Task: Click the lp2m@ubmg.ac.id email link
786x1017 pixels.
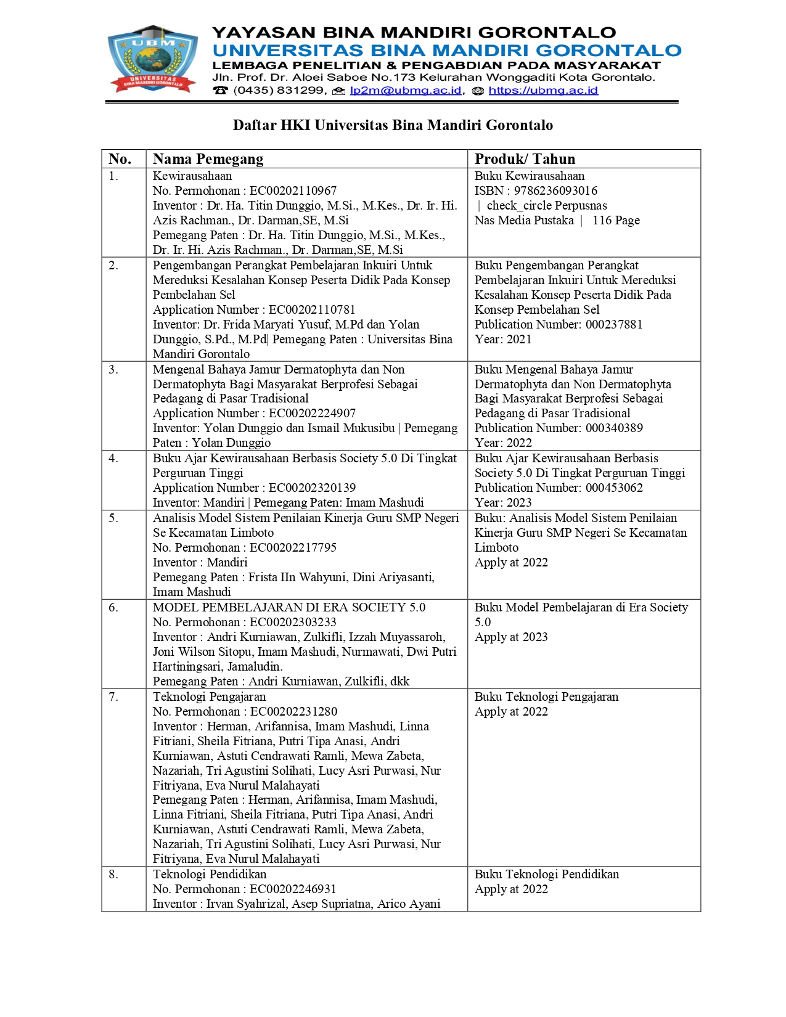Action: click(405, 91)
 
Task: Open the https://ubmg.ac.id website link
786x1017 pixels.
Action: click(542, 91)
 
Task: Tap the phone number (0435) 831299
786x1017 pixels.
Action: click(279, 91)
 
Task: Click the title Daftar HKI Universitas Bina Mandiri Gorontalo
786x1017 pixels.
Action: click(393, 125)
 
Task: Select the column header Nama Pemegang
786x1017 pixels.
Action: click(208, 159)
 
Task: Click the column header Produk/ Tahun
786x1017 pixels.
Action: click(525, 159)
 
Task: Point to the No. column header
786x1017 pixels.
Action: click(120, 159)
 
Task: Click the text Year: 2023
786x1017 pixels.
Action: click(503, 503)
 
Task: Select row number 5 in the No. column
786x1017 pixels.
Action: click(113, 518)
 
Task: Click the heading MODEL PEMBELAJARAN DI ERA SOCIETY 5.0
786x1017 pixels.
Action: click(289, 608)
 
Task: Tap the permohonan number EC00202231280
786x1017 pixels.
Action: click(293, 712)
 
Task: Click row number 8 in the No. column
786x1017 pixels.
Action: click(113, 875)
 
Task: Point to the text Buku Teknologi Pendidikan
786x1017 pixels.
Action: click(547, 875)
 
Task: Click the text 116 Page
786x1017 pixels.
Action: click(616, 221)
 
